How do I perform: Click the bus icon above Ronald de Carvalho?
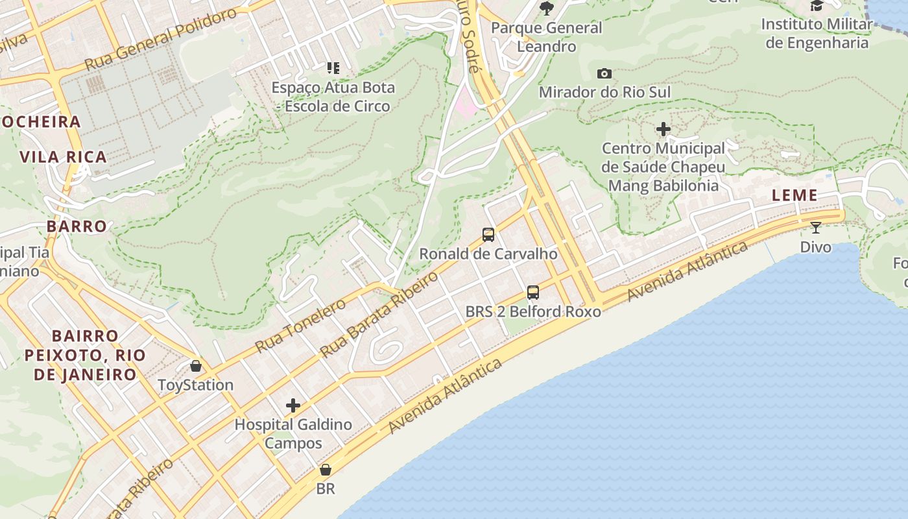click(x=488, y=235)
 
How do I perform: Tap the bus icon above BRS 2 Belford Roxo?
click(x=533, y=293)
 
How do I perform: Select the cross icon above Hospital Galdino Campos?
click(x=293, y=406)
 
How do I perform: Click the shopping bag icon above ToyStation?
click(x=196, y=367)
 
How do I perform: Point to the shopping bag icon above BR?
click(x=326, y=470)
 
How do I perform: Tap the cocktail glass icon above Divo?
click(x=816, y=228)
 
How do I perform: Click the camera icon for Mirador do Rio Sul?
click(x=604, y=74)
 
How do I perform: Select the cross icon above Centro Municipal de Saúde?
click(x=663, y=130)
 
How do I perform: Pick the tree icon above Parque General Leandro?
click(x=547, y=8)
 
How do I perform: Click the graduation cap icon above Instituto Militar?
click(x=817, y=6)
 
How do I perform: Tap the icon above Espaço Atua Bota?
click(x=333, y=68)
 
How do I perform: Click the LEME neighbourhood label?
click(x=794, y=195)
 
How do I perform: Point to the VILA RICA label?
click(x=63, y=157)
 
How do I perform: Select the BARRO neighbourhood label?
click(x=77, y=226)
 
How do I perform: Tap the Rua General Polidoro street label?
click(x=161, y=40)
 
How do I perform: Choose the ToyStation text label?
click(x=196, y=385)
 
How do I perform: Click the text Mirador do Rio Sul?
click(x=604, y=93)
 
